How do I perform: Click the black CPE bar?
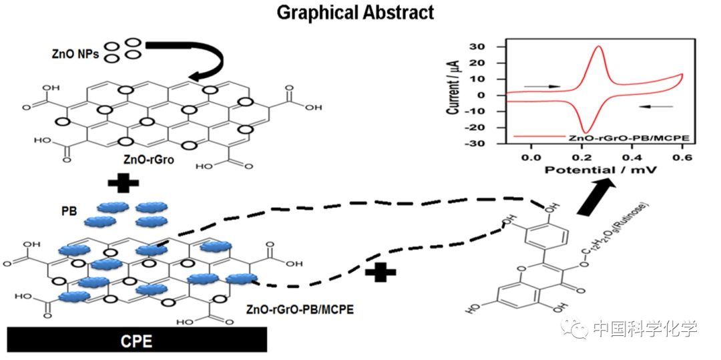137,341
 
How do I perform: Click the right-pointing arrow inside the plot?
542,86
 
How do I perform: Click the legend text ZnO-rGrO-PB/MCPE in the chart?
628,138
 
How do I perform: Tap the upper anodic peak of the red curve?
599,47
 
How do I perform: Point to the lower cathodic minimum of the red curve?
586,132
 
